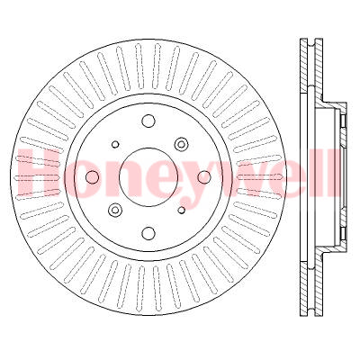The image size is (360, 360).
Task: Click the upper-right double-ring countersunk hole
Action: coord(182,143)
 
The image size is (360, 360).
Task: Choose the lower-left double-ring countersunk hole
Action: coord(115,210)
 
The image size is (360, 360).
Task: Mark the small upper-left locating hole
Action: coord(115,143)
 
